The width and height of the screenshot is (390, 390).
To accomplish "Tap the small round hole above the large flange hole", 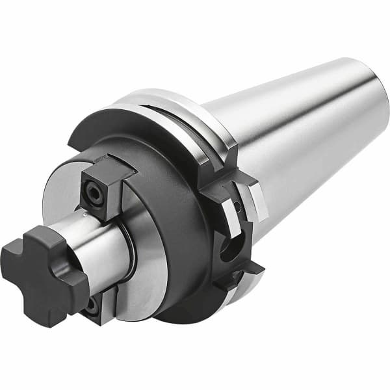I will coord(238,209).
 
